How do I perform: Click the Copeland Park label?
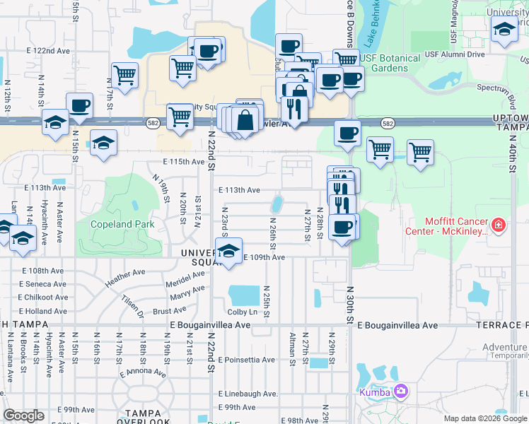122,224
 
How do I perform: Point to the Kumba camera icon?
401,391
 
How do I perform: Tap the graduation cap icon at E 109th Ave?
228,252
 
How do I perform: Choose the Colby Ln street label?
242,312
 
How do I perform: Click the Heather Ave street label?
124,276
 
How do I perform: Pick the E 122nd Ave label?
49,51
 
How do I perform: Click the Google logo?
23,416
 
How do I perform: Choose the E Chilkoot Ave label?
43,297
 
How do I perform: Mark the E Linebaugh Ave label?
248,393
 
